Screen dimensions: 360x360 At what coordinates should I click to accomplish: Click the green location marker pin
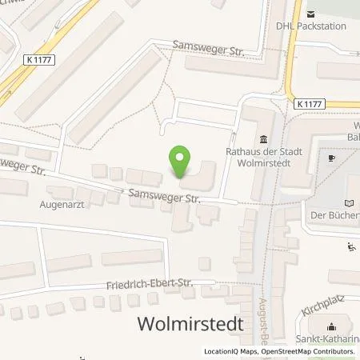point(180,163)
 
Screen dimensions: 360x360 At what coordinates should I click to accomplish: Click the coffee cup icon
point(333,158)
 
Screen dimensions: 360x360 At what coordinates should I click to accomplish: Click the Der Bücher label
point(334,215)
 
